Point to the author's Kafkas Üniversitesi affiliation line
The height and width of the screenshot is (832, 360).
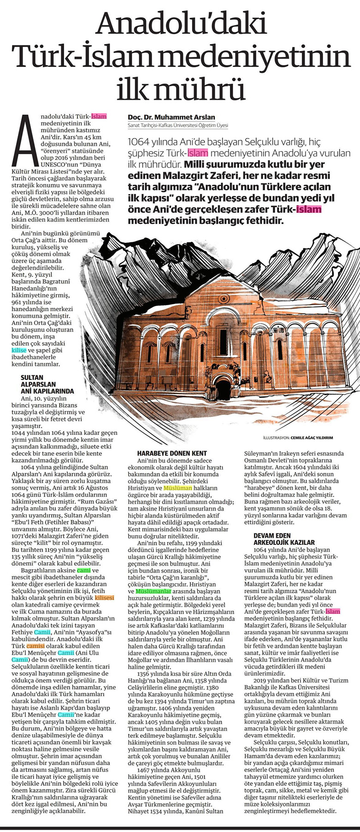[x=178, y=126]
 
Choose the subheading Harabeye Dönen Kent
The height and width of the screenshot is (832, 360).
[x=172, y=453]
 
